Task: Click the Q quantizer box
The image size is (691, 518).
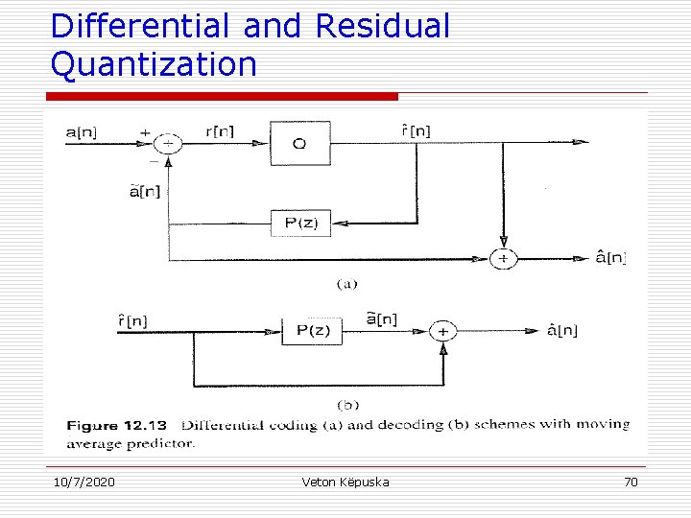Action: point(299,144)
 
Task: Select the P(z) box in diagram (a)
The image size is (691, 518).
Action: point(300,224)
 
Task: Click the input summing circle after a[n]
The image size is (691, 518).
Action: point(169,144)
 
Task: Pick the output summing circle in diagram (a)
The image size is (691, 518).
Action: point(503,258)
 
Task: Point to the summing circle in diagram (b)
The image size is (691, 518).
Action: point(442,331)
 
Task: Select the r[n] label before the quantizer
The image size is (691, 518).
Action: point(219,131)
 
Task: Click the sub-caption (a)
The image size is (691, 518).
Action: point(346,284)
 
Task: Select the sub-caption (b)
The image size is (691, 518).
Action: point(347,405)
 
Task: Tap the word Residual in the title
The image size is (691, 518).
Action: point(382,26)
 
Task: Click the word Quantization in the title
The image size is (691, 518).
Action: point(154,64)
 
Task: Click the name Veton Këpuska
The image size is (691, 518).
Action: point(345,482)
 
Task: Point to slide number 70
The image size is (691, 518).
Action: point(631,482)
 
